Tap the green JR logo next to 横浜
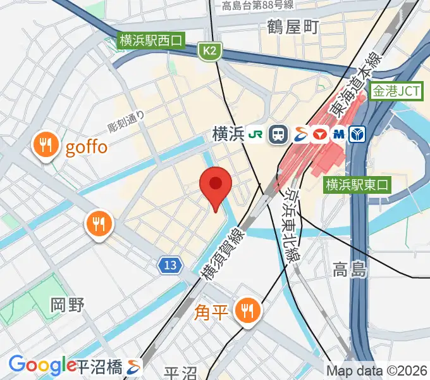click(256, 134)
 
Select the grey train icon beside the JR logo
click(277, 134)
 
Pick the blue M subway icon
click(338, 134)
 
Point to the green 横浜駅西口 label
click(150, 41)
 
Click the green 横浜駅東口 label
click(359, 185)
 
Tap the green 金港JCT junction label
click(396, 92)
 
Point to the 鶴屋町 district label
click(293, 27)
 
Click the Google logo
click(42, 365)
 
